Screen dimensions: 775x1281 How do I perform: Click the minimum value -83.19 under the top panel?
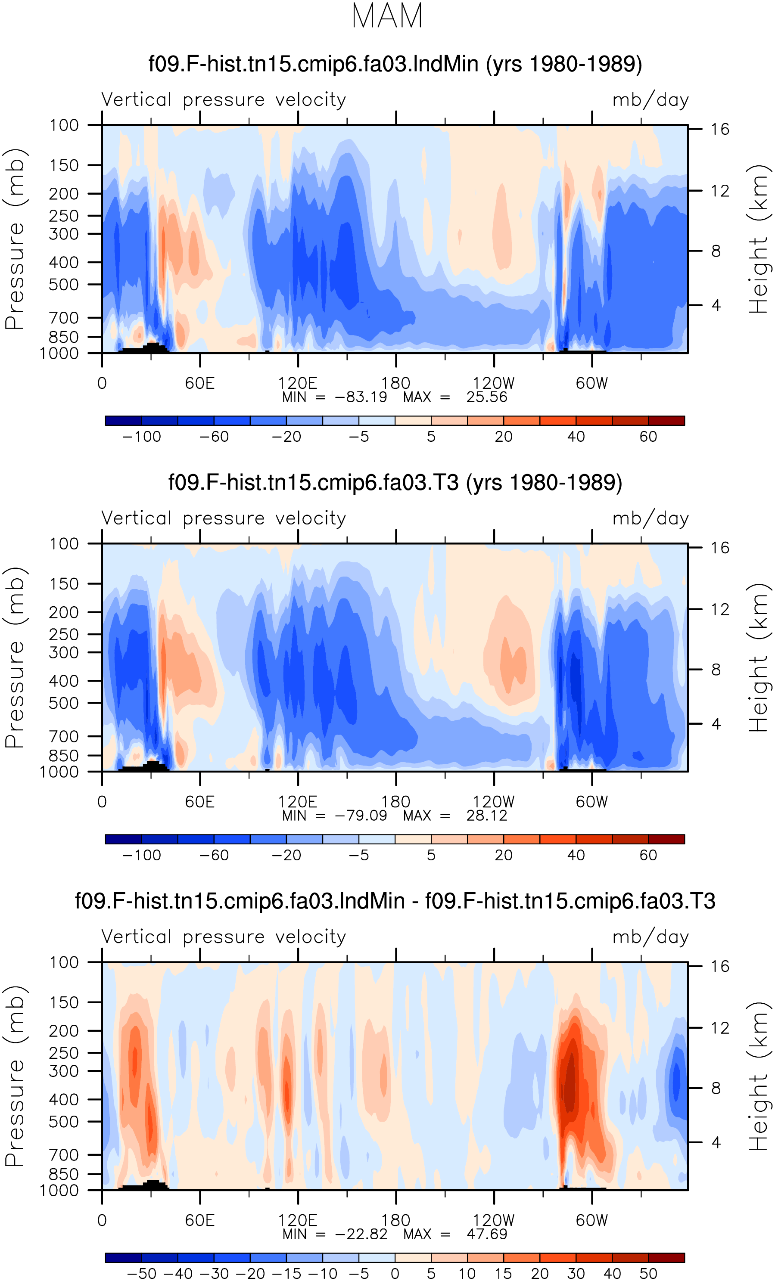[361, 397]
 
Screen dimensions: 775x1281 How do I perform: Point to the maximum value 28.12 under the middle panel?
[486, 816]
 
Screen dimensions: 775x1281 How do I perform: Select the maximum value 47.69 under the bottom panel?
[487, 1234]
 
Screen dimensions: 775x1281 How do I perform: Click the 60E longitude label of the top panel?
[200, 383]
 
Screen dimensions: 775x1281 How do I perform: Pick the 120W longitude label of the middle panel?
[493, 802]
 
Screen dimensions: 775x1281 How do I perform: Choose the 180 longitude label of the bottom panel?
[396, 1220]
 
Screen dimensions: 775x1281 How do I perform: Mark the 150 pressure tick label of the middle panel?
[64, 584]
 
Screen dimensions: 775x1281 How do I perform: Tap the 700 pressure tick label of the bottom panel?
[64, 1155]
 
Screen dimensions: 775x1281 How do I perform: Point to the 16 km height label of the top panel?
[720, 129]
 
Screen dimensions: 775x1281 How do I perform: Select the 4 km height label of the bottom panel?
[716, 1143]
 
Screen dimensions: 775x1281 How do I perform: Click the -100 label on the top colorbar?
[141, 437]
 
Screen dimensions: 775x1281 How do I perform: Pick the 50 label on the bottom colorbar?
[648, 1274]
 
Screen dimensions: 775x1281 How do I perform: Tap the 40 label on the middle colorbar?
[576, 855]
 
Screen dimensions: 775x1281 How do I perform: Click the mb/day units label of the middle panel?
[651, 519]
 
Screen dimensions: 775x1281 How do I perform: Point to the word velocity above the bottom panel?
[311, 937]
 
